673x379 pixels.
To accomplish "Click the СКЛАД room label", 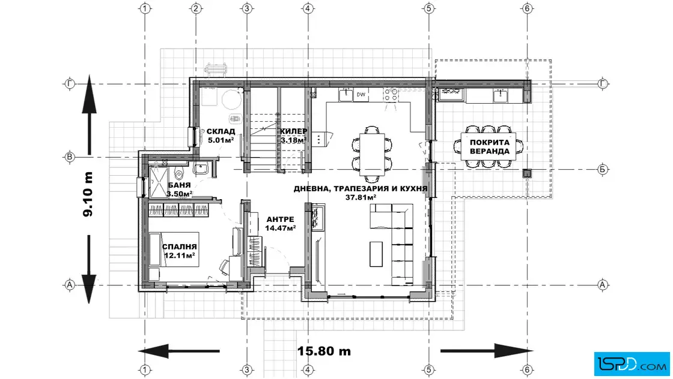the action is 221,131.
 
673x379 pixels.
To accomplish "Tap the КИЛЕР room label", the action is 294,131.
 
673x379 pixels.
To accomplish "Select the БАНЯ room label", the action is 180,185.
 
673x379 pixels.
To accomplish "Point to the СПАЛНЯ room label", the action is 180,246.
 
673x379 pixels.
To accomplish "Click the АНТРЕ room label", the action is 280,219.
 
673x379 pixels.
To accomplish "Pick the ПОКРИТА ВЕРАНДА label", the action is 490,146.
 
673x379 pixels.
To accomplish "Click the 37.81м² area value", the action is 361,197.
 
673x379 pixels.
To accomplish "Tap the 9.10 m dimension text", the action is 88,194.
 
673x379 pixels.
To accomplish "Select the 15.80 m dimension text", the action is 324,351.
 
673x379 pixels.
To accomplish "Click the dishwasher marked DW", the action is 361,95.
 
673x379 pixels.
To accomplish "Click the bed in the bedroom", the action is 174,249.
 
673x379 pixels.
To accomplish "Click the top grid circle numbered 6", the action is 527,8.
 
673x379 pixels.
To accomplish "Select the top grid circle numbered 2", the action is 196,8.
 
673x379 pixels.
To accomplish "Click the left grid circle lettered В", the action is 70,157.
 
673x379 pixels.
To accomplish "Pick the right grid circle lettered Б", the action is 603,170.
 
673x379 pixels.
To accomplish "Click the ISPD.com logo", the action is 632,364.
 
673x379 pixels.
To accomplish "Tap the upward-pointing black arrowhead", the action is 90,94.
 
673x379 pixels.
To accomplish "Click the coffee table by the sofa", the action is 376,254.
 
